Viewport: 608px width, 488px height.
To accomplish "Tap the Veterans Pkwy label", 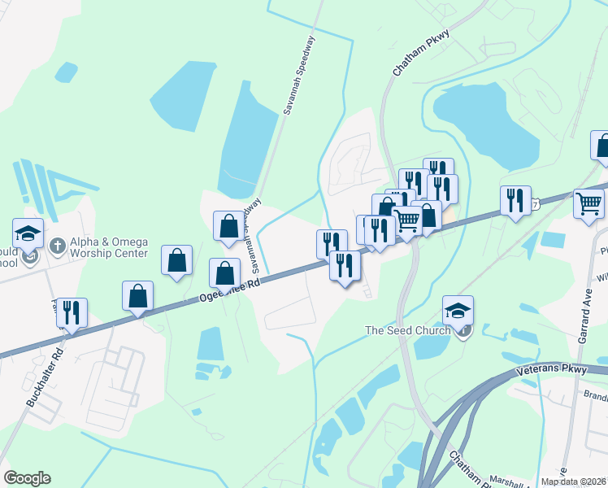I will point(550,369).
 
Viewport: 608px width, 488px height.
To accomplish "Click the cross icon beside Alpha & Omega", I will point(58,246).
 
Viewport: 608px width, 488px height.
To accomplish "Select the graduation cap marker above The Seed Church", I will point(458,311).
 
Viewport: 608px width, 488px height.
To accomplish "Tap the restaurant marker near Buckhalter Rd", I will point(72,313).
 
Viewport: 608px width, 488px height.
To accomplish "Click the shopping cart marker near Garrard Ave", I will point(588,203).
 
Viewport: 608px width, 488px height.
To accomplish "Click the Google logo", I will point(27,478).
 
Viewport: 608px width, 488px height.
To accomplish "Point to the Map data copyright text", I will point(574,481).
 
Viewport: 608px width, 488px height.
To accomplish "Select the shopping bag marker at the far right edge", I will point(602,146).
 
